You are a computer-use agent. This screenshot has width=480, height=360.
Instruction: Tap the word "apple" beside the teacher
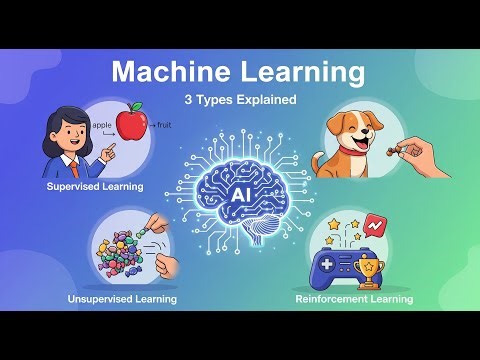coord(100,125)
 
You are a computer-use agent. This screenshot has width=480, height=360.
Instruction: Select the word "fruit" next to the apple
coord(163,126)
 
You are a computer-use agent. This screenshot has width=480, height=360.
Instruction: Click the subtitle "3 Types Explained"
coord(240,100)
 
